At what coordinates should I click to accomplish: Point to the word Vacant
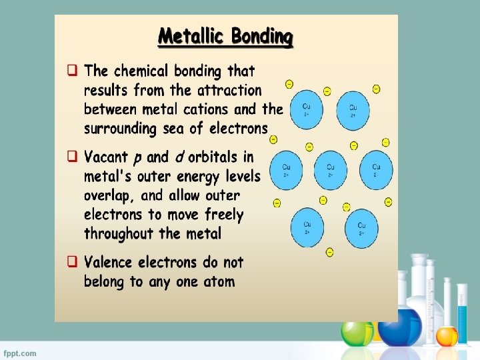[107, 157]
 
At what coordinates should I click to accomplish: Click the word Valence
[109, 262]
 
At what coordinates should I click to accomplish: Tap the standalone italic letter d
[179, 157]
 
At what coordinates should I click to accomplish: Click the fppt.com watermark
[21, 353]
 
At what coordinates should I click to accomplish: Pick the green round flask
[357, 332]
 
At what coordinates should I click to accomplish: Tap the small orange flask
[447, 335]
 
